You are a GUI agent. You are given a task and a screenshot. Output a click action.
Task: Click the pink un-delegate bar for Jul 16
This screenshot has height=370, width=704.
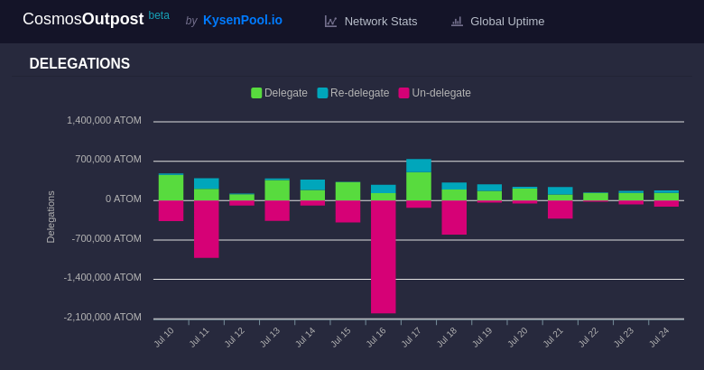pyautogui.click(x=383, y=256)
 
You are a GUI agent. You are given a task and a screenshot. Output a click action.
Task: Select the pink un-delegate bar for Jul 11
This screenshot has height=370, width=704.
pyautogui.click(x=206, y=228)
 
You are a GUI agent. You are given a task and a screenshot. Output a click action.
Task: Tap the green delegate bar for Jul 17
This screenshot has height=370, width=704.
pyautogui.click(x=418, y=186)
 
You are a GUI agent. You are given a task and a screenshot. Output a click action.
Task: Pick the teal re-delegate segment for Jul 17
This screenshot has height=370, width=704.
pyautogui.click(x=418, y=165)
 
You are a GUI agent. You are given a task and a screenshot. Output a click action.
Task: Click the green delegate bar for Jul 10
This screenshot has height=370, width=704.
pyautogui.click(x=171, y=187)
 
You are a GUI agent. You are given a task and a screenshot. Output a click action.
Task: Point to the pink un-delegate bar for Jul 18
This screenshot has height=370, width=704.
pyautogui.click(x=454, y=217)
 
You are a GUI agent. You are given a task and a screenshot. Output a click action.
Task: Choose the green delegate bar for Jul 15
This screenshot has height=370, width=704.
pyautogui.click(x=347, y=190)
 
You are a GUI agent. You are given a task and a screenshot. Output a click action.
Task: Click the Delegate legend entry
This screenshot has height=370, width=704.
pyautogui.click(x=279, y=93)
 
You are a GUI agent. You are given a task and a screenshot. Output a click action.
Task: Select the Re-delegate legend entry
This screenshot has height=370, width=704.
pyautogui.click(x=353, y=93)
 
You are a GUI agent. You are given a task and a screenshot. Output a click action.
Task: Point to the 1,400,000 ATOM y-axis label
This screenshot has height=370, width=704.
pyautogui.click(x=104, y=120)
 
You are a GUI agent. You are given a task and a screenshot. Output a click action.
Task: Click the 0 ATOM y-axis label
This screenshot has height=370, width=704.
pyautogui.click(x=123, y=199)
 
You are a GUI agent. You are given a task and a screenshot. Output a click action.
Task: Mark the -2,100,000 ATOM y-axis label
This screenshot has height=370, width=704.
pyautogui.click(x=102, y=317)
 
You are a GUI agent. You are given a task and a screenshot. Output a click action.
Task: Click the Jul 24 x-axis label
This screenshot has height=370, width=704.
pyautogui.click(x=659, y=338)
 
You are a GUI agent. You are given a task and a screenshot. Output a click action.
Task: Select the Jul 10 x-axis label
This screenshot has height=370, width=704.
pyautogui.click(x=163, y=338)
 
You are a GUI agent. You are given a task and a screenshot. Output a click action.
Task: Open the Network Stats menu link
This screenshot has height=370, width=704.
pyautogui.click(x=371, y=21)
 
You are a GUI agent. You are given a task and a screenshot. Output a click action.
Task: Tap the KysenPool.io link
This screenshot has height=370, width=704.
pyautogui.click(x=242, y=20)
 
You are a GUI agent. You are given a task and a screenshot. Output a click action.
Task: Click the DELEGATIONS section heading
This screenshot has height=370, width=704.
pyautogui.click(x=79, y=64)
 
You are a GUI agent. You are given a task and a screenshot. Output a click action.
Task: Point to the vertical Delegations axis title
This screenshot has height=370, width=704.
pyautogui.click(x=51, y=217)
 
